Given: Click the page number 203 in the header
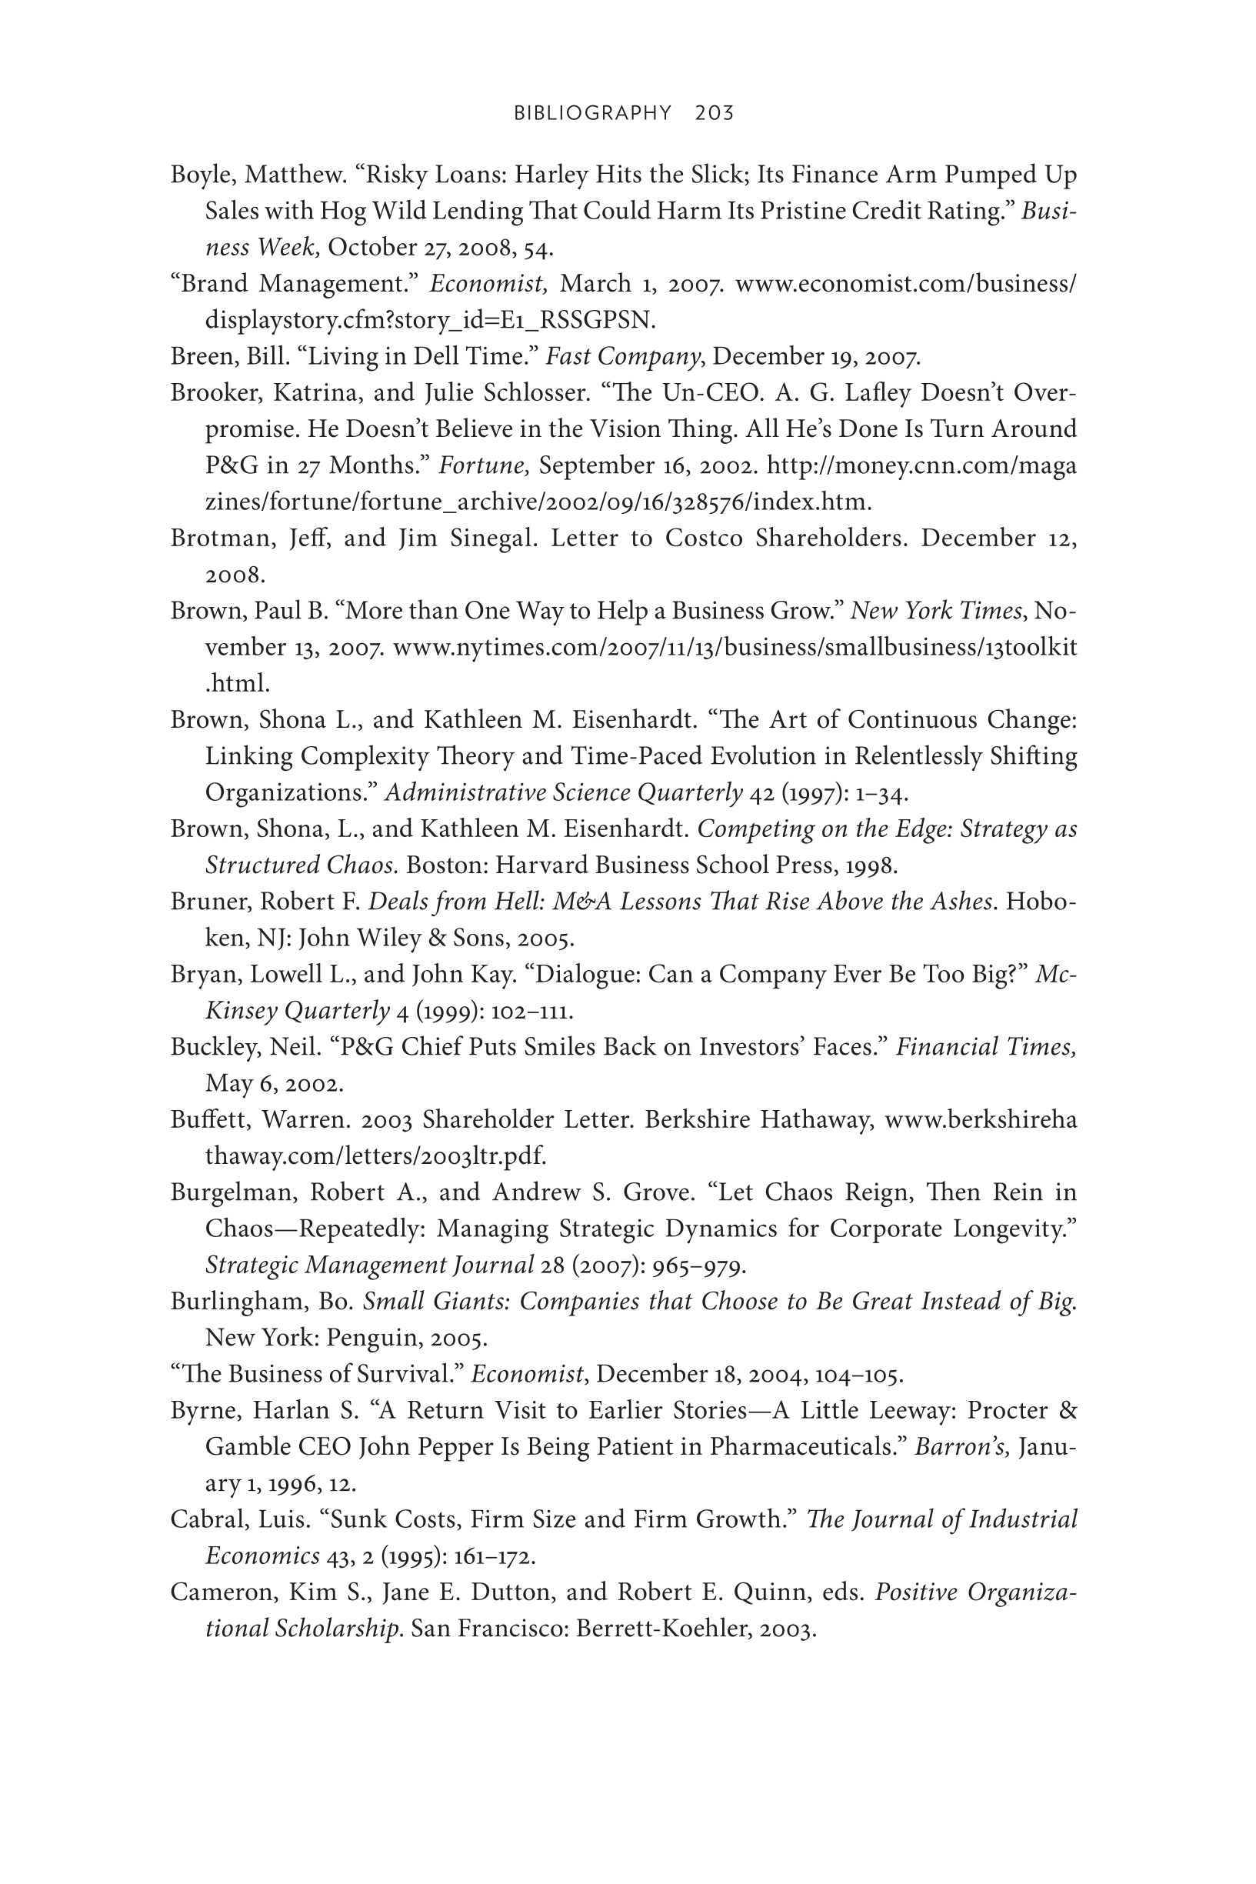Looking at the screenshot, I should click(715, 113).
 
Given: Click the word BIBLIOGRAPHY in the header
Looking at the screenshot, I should click(592, 113).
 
